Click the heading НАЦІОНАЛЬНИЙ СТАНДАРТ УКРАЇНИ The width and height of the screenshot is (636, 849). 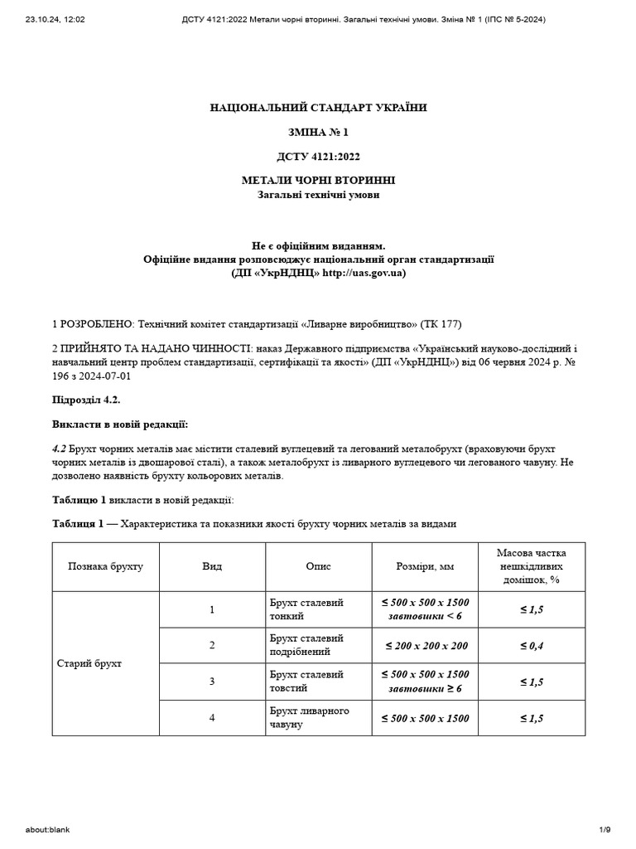(319, 108)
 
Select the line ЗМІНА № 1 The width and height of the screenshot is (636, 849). (319, 132)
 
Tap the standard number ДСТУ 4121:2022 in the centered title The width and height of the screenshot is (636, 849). (319, 156)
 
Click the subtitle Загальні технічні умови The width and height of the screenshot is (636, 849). (319, 195)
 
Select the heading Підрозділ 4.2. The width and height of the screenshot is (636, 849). (86, 400)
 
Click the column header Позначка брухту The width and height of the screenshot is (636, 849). (105, 566)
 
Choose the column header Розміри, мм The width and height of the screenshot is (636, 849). (425, 566)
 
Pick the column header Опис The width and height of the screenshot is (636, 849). (318, 566)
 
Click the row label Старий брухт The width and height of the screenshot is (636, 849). (89, 664)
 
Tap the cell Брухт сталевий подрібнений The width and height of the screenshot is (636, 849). (306, 645)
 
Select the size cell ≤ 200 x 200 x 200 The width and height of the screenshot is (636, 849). (425, 645)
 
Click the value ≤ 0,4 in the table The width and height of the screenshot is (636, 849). (531, 645)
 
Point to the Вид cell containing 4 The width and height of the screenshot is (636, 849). (212, 718)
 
